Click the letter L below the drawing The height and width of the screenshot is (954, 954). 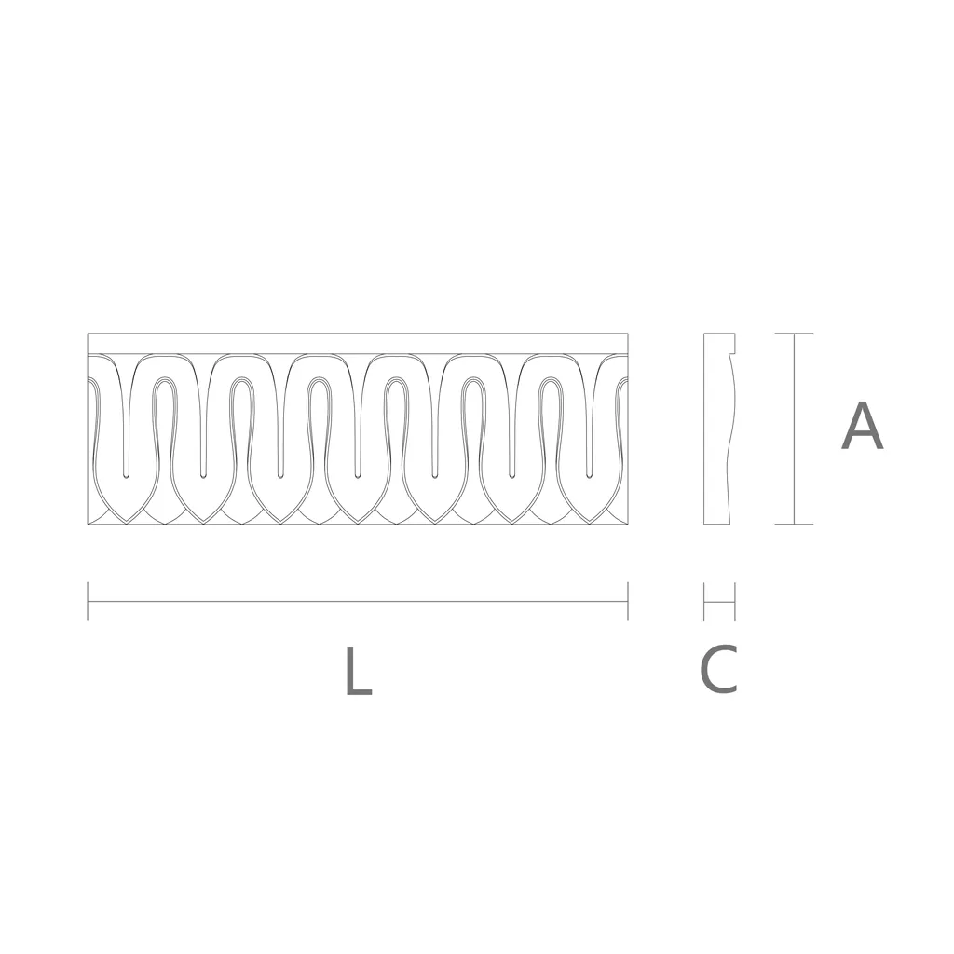pyautogui.click(x=359, y=671)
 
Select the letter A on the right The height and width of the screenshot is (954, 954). pyautogui.click(x=862, y=426)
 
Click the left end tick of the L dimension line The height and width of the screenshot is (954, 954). pyautogui.click(x=88, y=601)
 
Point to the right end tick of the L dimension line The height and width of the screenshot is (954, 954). pyautogui.click(x=627, y=601)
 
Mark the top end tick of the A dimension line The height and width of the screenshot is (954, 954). pyautogui.click(x=794, y=334)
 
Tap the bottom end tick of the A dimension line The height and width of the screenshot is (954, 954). pyautogui.click(x=794, y=524)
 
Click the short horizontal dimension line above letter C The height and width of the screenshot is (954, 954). pyautogui.click(x=719, y=602)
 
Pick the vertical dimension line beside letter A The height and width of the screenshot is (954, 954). pyautogui.click(x=794, y=429)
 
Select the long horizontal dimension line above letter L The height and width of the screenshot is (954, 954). pyautogui.click(x=358, y=602)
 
